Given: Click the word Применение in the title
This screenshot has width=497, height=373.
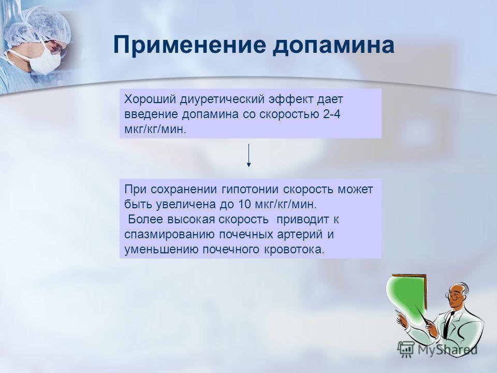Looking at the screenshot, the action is (x=189, y=46).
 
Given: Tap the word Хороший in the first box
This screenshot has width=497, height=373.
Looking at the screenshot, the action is (x=150, y=99).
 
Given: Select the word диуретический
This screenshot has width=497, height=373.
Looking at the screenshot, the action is (x=222, y=99).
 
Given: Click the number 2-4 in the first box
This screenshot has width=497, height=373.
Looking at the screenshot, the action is (x=332, y=114).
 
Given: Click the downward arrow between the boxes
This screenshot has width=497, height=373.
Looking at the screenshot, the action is (x=249, y=155).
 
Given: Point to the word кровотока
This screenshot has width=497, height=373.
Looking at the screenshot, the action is (x=293, y=250).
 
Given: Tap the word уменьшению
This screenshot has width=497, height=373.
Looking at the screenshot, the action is (x=162, y=250).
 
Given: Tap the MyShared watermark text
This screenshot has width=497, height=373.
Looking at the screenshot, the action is (x=447, y=350).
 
